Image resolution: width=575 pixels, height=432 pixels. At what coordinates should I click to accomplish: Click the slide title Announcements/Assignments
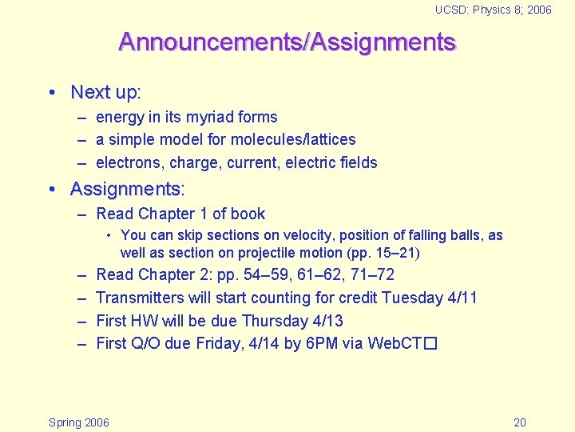point(287,42)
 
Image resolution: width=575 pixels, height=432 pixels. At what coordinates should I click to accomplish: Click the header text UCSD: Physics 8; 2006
point(493,10)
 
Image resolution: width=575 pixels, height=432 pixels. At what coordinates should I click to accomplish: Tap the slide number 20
point(519,422)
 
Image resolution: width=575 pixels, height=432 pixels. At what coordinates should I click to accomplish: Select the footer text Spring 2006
point(79,422)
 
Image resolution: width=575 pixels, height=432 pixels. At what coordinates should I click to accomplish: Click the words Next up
point(104,92)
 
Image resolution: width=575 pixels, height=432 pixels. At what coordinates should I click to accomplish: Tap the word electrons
point(126,162)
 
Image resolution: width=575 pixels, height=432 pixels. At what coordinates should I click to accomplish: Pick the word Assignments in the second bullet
point(125,190)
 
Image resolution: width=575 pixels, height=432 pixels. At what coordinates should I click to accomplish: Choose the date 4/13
point(327,321)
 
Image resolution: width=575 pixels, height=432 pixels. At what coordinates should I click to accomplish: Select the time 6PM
point(306,344)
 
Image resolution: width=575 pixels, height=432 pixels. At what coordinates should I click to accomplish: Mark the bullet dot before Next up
point(52,93)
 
